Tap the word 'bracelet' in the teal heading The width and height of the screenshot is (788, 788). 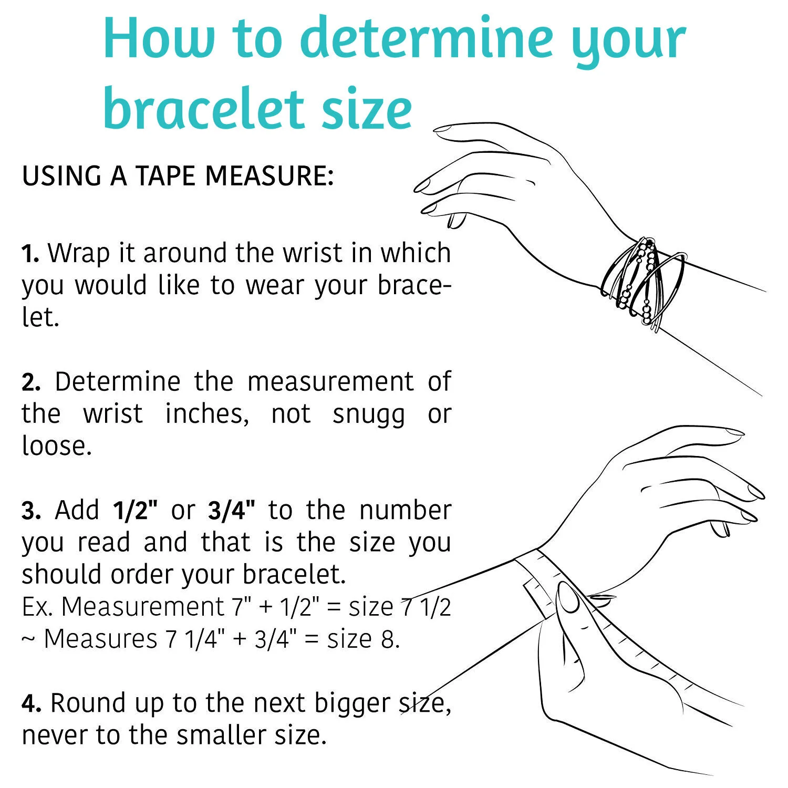pyautogui.click(x=204, y=109)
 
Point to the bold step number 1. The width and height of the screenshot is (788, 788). pyautogui.click(x=30, y=253)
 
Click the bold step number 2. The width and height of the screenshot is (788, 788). pyautogui.click(x=31, y=382)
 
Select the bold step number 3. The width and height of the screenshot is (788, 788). pyautogui.click(x=31, y=511)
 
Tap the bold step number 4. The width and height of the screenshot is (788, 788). pyautogui.click(x=31, y=703)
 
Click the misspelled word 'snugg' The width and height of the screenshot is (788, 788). pyautogui.click(x=369, y=416)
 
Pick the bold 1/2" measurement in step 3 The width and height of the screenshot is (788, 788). pyautogui.click(x=135, y=510)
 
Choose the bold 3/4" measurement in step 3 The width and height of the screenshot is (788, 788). pyautogui.click(x=232, y=510)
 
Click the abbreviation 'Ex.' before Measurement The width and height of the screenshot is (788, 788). pyautogui.click(x=37, y=607)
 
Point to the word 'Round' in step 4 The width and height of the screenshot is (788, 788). pyautogui.click(x=88, y=703)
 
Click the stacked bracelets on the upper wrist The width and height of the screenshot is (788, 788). pyautogui.click(x=644, y=284)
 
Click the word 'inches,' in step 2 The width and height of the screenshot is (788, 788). pyautogui.click(x=207, y=414)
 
